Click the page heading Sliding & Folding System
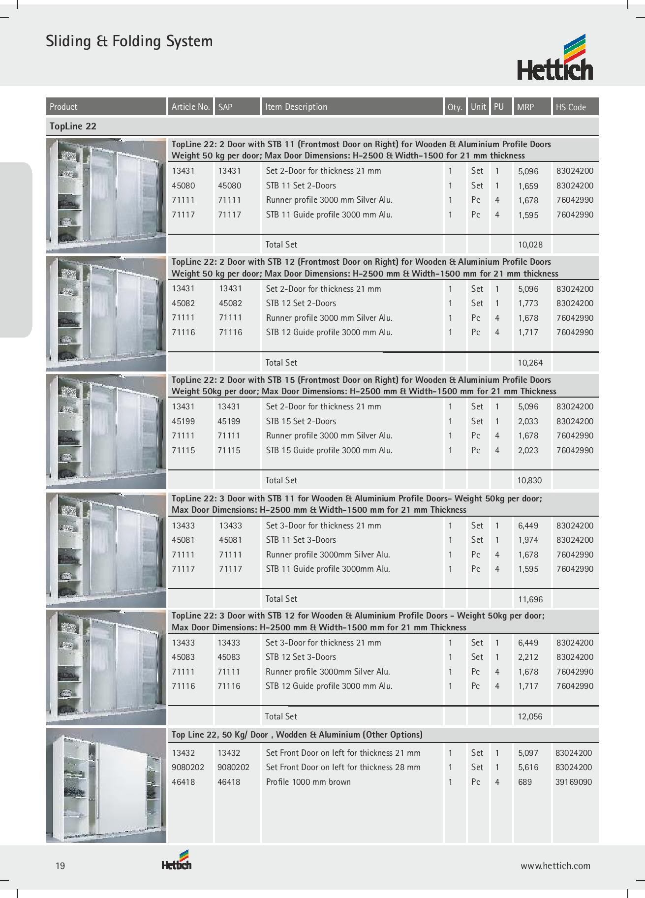(129, 41)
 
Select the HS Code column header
(571, 107)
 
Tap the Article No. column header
(190, 107)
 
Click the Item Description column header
(296, 107)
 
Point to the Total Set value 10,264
(530, 363)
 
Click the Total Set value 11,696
(530, 599)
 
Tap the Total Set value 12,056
(530, 717)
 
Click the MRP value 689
(524, 782)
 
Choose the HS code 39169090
(573, 782)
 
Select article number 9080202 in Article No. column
(185, 767)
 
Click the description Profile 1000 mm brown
(308, 782)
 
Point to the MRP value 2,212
(528, 657)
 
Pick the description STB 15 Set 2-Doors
(301, 421)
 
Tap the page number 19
(60, 866)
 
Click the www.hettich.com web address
(555, 866)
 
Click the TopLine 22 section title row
(73, 126)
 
